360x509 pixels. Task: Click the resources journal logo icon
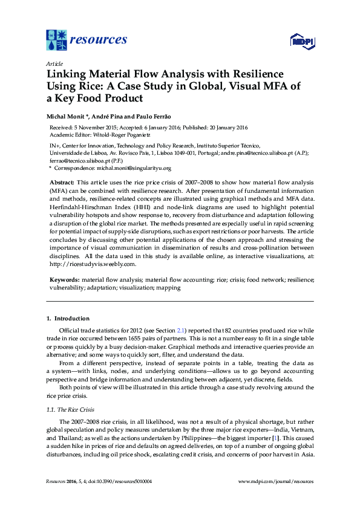coord(57,40)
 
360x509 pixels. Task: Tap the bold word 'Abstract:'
coord(61,182)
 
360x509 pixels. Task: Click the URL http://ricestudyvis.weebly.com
coord(88,264)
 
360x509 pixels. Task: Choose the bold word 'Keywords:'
coord(63,280)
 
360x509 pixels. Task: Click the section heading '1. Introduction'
coord(68,319)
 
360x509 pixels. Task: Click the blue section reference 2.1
coord(180,330)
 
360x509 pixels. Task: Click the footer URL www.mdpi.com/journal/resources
coord(276,481)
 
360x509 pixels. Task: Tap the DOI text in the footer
coord(119,481)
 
